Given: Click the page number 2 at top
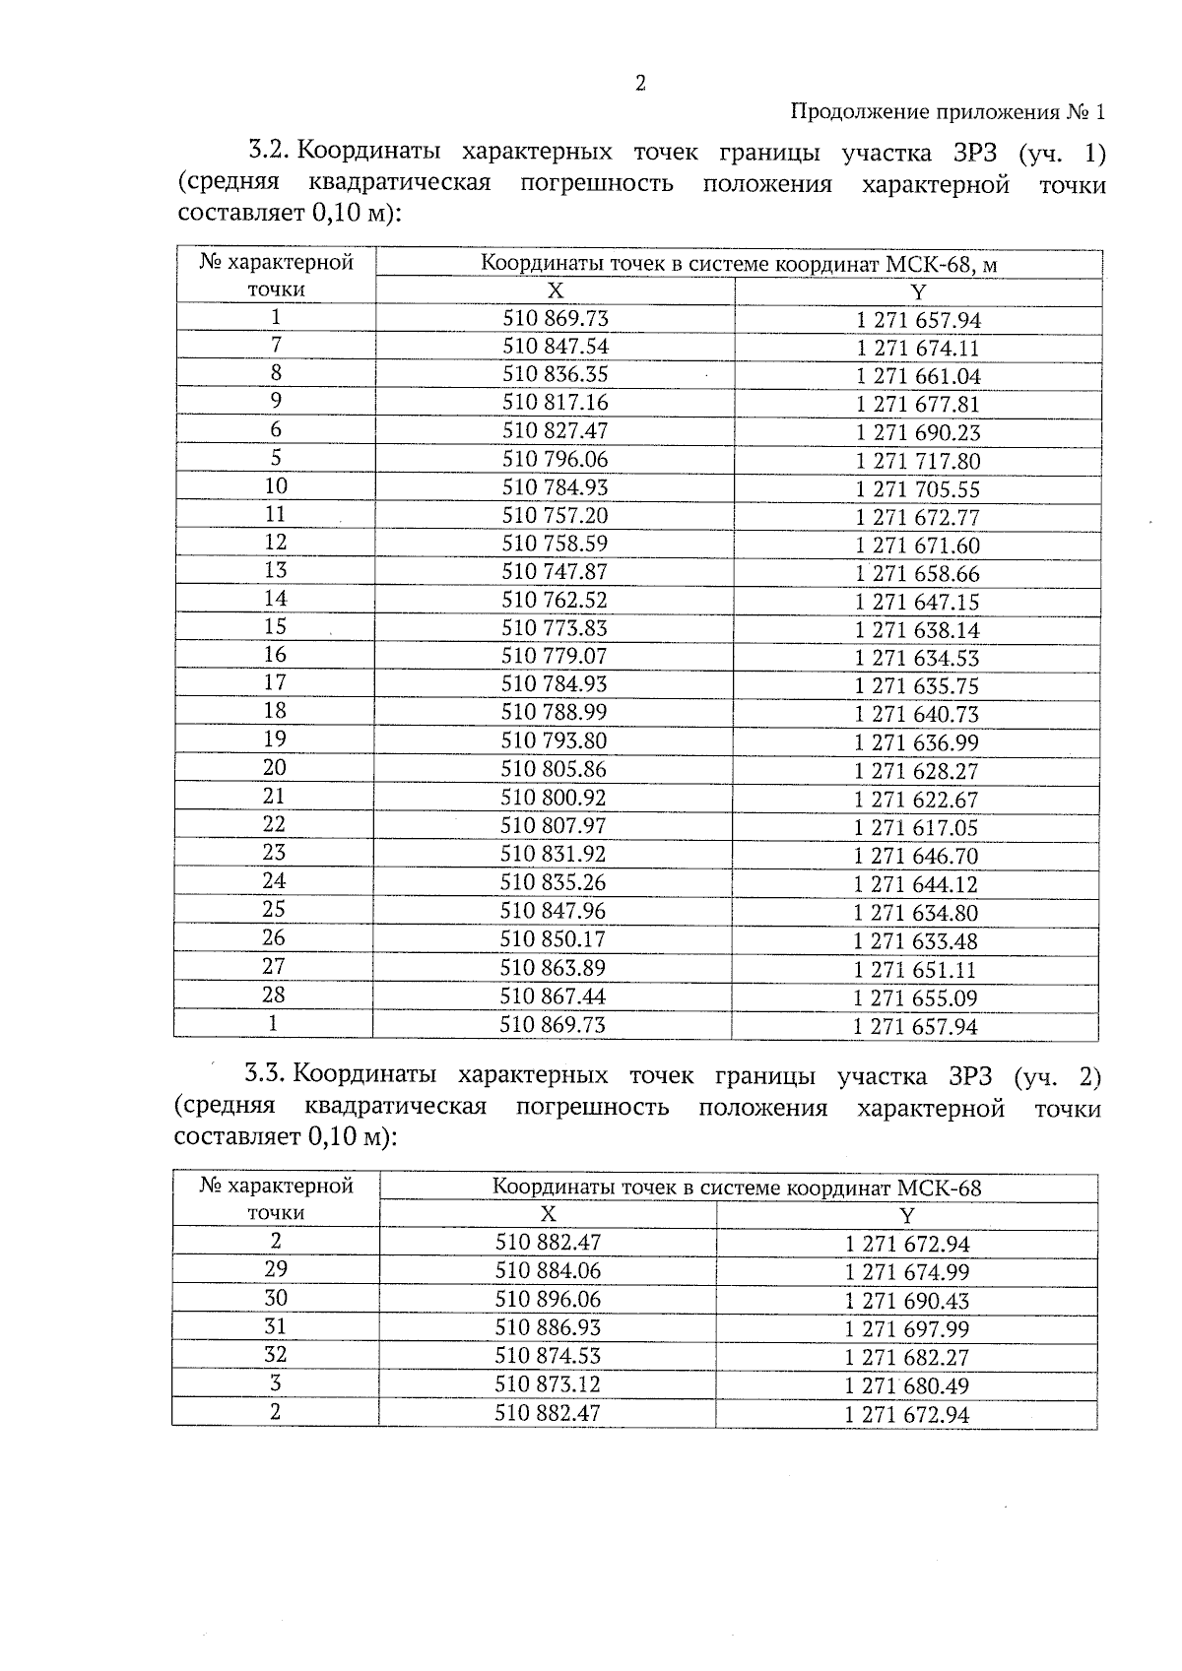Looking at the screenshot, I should pos(640,84).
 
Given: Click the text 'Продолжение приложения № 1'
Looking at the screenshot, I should pos(949,112).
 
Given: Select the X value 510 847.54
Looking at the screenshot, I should pos(556,347).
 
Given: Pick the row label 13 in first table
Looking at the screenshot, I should pos(275,570).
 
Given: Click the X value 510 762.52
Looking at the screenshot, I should pos(555,601).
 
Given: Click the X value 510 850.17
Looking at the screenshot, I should pos(553,940).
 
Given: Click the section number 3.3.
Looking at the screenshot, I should pos(264,1075).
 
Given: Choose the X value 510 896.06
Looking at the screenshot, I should pos(548,1300).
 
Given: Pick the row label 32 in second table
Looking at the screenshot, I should pos(275,1355).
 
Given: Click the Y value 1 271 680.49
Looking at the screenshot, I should pos(907,1386).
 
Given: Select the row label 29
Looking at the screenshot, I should pos(275,1269).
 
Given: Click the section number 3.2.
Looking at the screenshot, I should pos(267,153).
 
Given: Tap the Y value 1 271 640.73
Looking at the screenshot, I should pos(917,715).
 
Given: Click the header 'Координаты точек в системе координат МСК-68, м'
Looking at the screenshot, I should pos(739,265).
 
